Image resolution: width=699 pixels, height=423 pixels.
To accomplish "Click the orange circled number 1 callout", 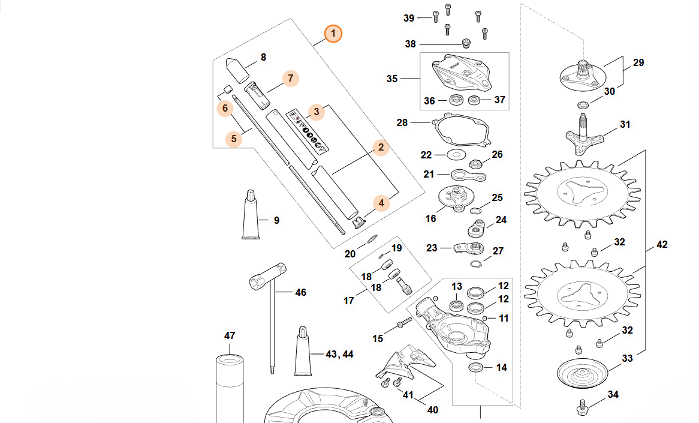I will [x=333, y=33].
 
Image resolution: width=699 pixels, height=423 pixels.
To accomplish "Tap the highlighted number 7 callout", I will [x=290, y=78].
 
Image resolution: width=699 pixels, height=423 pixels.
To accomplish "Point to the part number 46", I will [x=300, y=292].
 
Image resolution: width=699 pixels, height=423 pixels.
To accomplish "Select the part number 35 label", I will [x=392, y=79].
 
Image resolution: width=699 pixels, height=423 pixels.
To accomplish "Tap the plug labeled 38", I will [x=465, y=43].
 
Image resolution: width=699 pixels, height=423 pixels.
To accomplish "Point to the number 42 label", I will [x=662, y=245].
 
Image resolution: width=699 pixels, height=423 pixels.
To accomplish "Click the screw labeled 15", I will [x=402, y=326].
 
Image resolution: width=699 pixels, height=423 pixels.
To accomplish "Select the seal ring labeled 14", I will [x=477, y=367].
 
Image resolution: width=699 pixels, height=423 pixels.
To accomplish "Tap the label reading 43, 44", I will [x=339, y=354].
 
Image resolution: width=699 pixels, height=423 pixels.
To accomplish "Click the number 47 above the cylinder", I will [x=230, y=335].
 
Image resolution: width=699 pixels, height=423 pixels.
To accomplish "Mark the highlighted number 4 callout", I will [x=381, y=203].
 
